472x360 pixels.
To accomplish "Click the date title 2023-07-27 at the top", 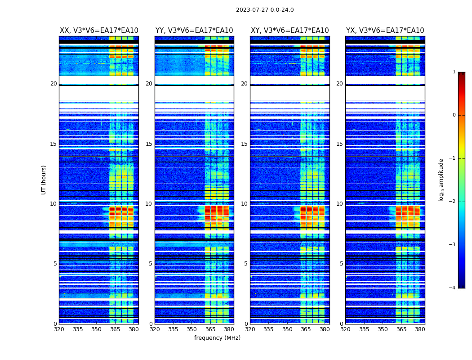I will (264, 10).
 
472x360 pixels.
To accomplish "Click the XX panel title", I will (99, 31).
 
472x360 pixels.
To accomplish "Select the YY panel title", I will (194, 31).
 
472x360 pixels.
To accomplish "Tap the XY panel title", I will (289, 31).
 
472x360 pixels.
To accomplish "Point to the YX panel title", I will (385, 31).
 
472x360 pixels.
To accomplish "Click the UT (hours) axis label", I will (44, 180).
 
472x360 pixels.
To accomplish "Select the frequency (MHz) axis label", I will (217, 338).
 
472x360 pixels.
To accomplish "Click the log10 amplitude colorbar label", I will (441, 180).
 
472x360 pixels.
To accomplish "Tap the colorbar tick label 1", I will (454, 72).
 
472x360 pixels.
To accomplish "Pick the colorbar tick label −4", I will (453, 288).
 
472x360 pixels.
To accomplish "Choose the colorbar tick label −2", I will (453, 202).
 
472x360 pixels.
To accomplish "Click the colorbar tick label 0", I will (454, 115).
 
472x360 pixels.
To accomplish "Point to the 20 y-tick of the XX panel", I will (53, 84).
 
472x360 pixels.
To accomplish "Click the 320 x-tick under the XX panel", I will (59, 329).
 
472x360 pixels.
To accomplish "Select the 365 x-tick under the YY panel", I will (210, 329).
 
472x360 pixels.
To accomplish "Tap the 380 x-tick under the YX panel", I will (420, 329).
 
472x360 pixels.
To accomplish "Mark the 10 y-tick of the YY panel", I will (149, 204).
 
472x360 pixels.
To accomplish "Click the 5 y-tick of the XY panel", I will (246, 264).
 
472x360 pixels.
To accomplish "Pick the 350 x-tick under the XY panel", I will (287, 329).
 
